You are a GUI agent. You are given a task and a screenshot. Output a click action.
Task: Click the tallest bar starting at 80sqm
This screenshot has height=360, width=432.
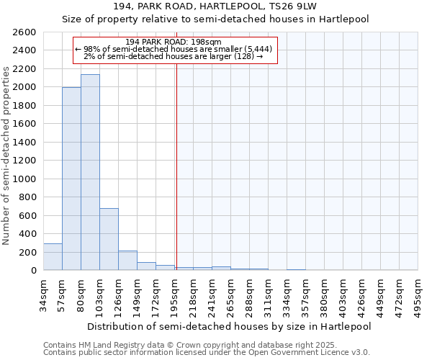(x=90, y=173)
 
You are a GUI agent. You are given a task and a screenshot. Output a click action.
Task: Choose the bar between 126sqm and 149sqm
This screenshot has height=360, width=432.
(x=127, y=261)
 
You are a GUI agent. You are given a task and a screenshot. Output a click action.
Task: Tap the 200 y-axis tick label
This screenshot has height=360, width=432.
(x=29, y=252)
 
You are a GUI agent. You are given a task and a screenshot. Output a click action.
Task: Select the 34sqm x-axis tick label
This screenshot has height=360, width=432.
(x=44, y=295)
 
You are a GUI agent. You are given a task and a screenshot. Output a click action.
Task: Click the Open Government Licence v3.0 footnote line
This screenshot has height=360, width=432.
(x=207, y=353)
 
